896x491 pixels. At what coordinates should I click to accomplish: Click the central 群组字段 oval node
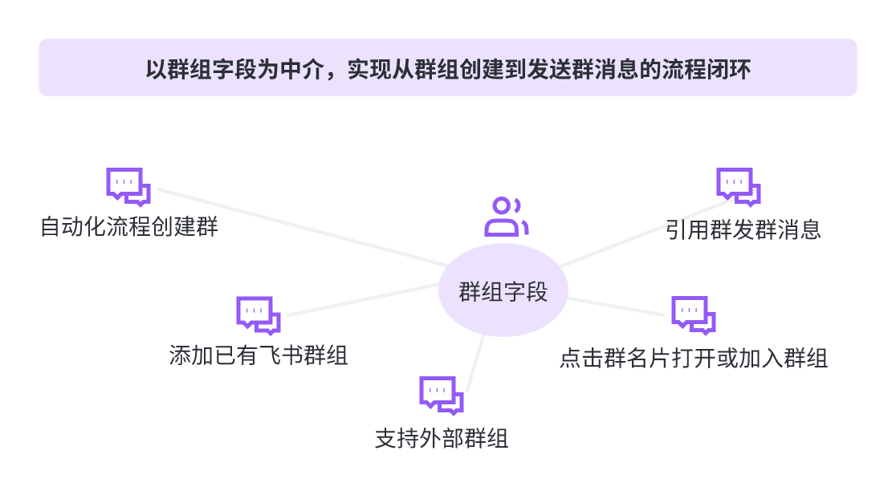click(503, 291)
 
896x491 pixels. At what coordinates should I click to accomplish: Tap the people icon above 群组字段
click(506, 217)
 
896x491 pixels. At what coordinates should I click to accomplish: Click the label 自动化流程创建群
click(129, 227)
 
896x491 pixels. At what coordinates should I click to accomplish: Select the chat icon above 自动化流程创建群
click(128, 187)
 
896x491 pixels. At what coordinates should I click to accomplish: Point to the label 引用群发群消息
click(743, 230)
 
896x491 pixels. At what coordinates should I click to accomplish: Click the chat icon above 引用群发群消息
click(739, 187)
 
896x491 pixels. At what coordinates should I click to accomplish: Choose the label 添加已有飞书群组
click(259, 355)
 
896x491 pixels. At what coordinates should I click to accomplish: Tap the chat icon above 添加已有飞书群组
click(258, 315)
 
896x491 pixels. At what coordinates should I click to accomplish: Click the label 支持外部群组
click(442, 439)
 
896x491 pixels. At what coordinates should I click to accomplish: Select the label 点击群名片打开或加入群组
click(694, 358)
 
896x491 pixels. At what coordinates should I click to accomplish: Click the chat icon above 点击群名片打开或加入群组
click(694, 315)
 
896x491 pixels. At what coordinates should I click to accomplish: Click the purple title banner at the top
click(448, 67)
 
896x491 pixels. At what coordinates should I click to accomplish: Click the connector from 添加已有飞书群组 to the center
click(361, 298)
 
